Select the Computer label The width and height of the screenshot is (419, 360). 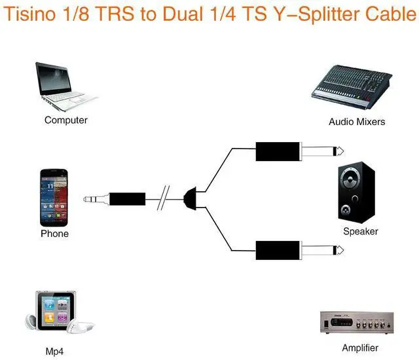(x=65, y=120)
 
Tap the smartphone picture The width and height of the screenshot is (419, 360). (x=54, y=197)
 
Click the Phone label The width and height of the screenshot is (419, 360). (x=54, y=234)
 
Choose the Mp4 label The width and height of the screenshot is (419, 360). (x=54, y=351)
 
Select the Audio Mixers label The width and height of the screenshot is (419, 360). (x=357, y=122)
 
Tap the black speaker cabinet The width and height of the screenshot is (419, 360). (x=357, y=192)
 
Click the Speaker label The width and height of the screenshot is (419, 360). (x=361, y=231)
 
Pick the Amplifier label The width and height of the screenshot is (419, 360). (x=360, y=348)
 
